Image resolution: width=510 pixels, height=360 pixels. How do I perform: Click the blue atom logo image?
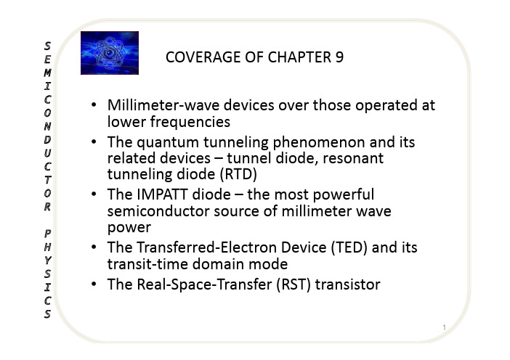point(110,53)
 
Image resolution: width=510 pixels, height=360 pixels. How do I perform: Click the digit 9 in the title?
point(339,57)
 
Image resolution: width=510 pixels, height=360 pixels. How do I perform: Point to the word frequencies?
point(190,123)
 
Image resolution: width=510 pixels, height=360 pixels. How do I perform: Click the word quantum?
point(168,143)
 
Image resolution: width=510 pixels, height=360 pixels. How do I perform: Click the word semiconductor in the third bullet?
point(158,211)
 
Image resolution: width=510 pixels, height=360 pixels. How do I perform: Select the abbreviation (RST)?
point(294,285)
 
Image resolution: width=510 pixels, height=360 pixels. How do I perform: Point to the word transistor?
point(348,285)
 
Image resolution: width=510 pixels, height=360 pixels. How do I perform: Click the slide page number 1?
point(445,327)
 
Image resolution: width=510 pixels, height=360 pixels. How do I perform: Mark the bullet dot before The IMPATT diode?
point(94,195)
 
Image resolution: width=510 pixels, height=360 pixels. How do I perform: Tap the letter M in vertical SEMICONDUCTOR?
point(47,73)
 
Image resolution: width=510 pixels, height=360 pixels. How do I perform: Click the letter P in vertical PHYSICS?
point(47,233)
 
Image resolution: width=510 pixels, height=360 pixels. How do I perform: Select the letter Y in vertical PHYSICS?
point(47,261)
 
